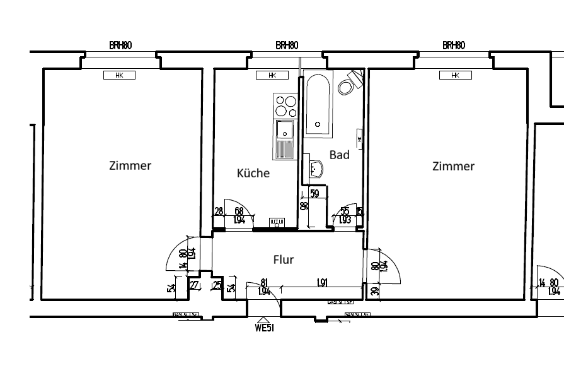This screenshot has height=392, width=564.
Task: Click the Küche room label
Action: coord(253,173)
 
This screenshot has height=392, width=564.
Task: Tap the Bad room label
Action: coord(339,155)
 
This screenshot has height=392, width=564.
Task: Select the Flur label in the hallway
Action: coord(284,259)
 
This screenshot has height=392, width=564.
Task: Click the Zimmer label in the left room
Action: coord(130,166)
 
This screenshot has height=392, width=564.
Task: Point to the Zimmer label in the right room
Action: coord(453,166)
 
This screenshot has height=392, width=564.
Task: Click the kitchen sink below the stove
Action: coord(285,140)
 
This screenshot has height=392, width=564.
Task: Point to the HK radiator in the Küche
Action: coord(272,75)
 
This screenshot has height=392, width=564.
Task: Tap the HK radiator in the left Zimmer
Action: coord(120,75)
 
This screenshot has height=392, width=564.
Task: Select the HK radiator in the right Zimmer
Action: coord(456,75)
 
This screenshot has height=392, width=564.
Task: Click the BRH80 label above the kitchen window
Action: coord(287,45)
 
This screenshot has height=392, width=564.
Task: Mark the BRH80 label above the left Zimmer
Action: coord(120,45)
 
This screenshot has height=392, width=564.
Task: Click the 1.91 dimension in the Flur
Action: coord(321,283)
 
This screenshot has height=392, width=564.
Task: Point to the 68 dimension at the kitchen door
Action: coord(239,211)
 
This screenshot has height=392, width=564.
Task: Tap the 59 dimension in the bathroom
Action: coord(315,194)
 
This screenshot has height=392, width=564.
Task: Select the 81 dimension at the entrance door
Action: coord(264,283)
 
